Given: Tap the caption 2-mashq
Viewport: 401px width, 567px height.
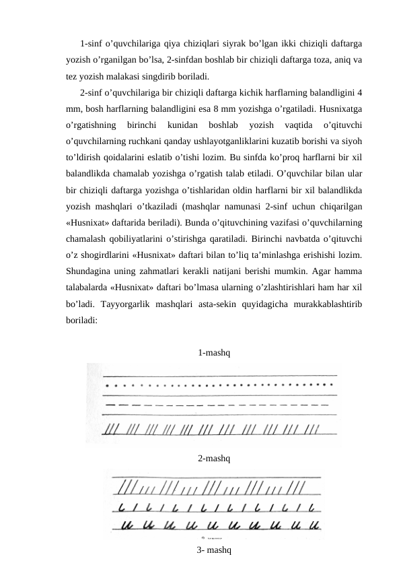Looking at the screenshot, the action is (216, 459).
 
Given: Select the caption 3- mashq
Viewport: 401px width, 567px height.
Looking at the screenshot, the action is (215, 550).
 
